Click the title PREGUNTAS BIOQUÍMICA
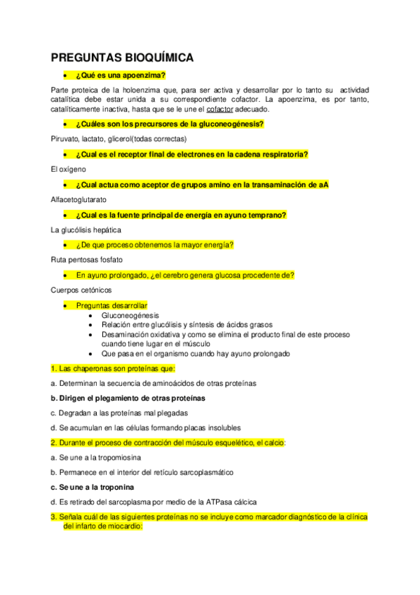pos(123,58)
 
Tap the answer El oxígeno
pos(68,169)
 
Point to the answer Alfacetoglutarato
pos(79,199)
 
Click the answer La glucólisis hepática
pos(86,229)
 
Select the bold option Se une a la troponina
pos(93,487)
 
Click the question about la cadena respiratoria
pos(192,154)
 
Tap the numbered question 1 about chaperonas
pos(113,368)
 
